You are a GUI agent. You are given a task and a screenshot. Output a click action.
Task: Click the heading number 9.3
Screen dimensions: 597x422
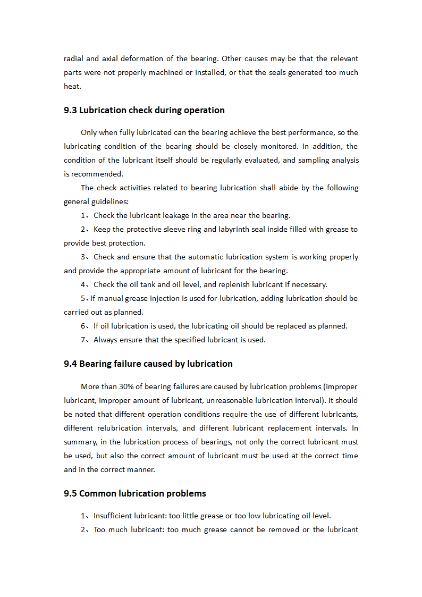tap(70, 111)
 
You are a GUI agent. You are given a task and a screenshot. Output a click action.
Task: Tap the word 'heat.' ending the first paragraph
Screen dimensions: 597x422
tap(72, 86)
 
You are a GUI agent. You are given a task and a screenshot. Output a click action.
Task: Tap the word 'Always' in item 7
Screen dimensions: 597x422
tap(106, 340)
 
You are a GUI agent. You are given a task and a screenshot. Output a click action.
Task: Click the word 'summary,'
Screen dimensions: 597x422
tap(79, 442)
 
